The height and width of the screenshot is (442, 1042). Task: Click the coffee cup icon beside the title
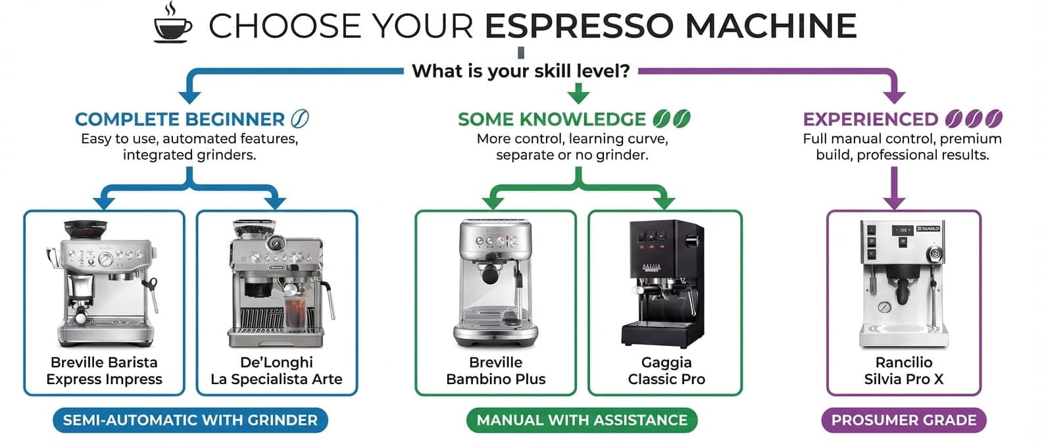[172, 24]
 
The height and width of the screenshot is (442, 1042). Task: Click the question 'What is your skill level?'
[521, 71]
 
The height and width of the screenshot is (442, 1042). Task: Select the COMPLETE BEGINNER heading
[180, 119]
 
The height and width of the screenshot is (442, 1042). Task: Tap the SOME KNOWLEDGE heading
[551, 119]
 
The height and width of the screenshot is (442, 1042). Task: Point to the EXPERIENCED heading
[870, 119]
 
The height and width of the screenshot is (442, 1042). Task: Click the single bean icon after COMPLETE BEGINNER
[299, 118]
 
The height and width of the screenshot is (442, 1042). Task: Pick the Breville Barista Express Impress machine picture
[103, 283]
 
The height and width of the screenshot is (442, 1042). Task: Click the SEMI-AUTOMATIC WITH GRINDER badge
[190, 420]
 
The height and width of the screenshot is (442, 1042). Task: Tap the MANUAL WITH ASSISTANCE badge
[582, 420]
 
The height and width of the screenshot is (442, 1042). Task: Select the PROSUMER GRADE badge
[904, 420]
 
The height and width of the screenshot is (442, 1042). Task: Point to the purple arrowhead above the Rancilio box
[894, 201]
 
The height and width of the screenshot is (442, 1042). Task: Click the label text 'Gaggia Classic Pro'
[666, 371]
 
